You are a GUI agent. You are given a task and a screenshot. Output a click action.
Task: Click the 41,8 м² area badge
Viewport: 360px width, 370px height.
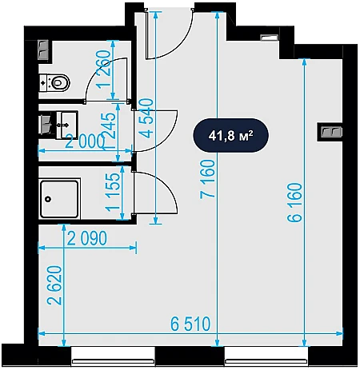pos(230,135)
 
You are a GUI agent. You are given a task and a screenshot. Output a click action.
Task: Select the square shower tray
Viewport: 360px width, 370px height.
pos(59,199)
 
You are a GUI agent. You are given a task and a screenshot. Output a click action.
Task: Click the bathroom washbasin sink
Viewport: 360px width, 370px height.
pos(66,125)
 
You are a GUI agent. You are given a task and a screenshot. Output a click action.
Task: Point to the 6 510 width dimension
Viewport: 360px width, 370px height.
pos(190,324)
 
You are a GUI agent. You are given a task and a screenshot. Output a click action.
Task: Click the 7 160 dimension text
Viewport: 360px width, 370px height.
pos(208,179)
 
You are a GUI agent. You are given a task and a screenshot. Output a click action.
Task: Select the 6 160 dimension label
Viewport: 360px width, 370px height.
pos(295,202)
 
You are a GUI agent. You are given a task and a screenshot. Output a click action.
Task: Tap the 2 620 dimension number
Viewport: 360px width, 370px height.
pos(54,285)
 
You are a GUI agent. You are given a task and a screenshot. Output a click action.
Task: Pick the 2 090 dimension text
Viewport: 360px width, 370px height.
pos(87,238)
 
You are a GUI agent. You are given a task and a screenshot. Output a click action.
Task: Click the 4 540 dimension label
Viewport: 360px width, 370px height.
pos(146,118)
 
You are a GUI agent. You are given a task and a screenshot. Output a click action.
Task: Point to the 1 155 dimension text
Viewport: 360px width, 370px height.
pos(112,193)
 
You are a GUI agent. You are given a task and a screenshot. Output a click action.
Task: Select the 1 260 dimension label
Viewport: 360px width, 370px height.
pos(103,70)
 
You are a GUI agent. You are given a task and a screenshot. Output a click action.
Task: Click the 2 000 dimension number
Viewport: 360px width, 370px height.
pos(85,141)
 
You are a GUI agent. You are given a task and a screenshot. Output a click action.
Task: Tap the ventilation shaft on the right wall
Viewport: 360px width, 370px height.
pos(330,132)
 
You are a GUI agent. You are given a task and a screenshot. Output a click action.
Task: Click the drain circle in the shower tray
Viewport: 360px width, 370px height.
pos(48,199)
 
